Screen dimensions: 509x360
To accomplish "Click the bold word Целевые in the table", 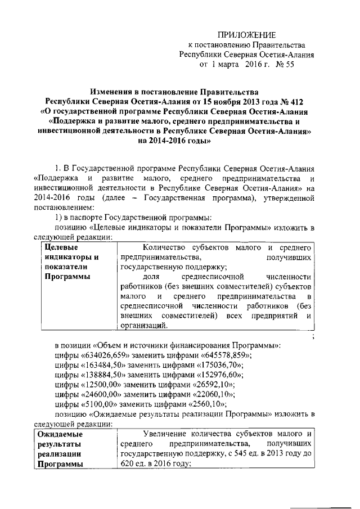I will pos(61,247).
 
